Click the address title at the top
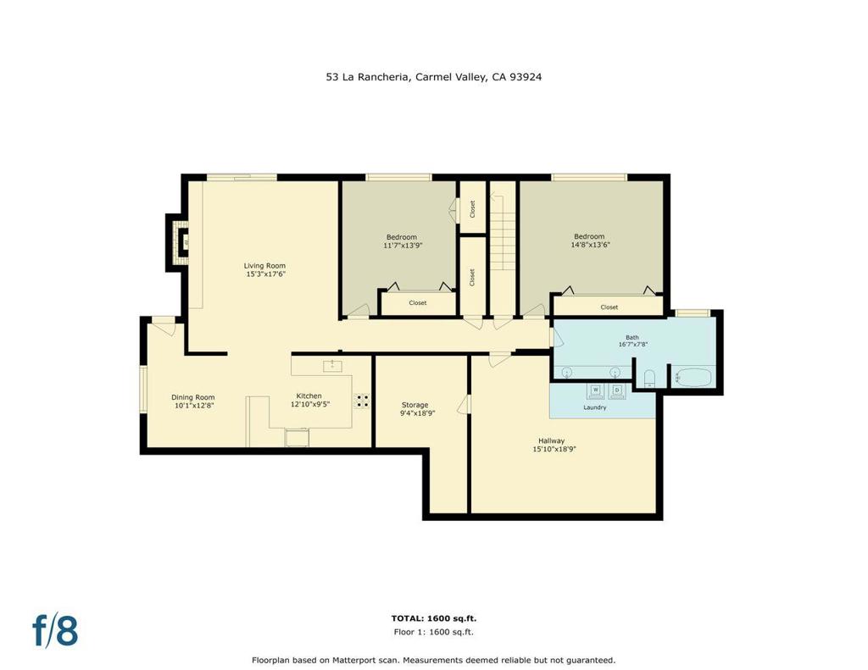433,76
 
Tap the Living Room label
264,266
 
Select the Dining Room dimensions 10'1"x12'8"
192,406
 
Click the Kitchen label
309,396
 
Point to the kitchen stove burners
362,401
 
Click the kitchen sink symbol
334,365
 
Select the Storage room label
415,405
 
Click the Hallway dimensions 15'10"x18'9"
550,449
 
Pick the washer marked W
595,390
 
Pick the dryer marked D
617,390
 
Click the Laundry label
594,407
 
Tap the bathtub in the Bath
694,377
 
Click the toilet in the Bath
649,377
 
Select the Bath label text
632,337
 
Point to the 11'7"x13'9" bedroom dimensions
402,246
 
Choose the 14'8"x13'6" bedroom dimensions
589,245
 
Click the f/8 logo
55,630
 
